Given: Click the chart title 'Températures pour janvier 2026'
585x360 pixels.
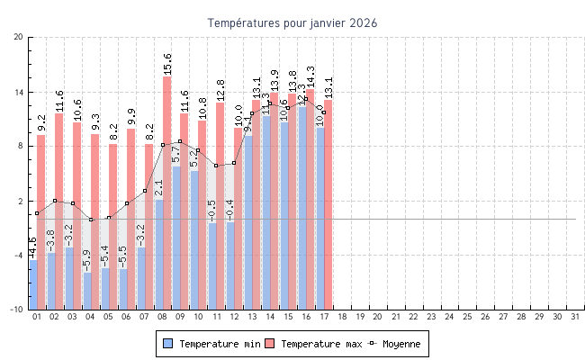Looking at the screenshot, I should coord(292,22).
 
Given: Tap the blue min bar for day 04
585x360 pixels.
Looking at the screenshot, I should coord(87,291).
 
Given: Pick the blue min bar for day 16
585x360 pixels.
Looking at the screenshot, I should coord(302,207).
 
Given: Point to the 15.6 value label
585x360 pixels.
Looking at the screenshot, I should coord(167,63).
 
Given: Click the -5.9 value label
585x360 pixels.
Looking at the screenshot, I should coord(87,261).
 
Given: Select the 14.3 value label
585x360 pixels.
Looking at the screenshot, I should coord(310,76).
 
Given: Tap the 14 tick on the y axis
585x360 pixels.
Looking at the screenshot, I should coord(19,92).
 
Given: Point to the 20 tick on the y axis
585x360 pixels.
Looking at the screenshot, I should coord(19,37).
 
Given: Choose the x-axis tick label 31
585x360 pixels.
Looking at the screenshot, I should coord(575,317).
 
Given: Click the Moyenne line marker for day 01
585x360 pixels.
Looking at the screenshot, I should coord(37,213).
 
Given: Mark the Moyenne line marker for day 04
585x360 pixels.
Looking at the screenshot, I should coord(91,220).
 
